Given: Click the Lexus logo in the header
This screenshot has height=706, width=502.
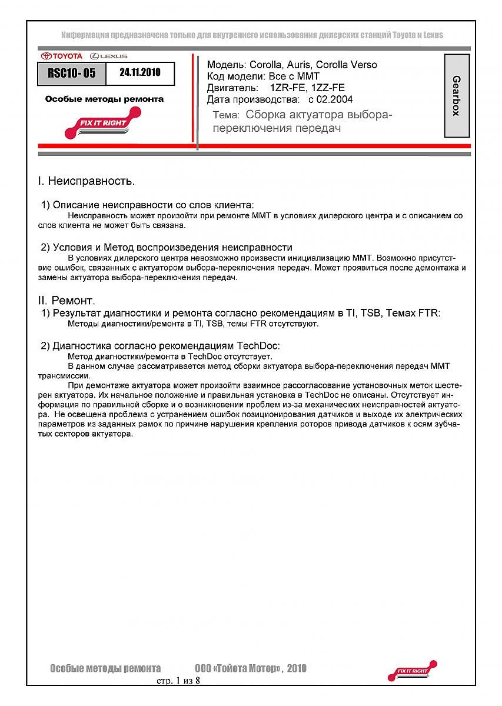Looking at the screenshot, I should point(109,56).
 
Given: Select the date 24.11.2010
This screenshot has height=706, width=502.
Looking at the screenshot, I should point(139,73).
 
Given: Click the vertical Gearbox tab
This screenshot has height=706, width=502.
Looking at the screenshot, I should point(457,95).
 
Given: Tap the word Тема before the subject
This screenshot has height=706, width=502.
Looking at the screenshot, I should point(227,115).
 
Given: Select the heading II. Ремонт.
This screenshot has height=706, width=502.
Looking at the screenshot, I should point(67,301).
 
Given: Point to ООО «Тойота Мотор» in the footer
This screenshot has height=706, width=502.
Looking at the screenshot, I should point(250,668).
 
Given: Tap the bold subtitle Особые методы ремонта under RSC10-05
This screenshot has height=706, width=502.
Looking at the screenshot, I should point(104,99).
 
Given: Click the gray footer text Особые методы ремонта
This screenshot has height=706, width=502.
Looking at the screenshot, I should point(105,668).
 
